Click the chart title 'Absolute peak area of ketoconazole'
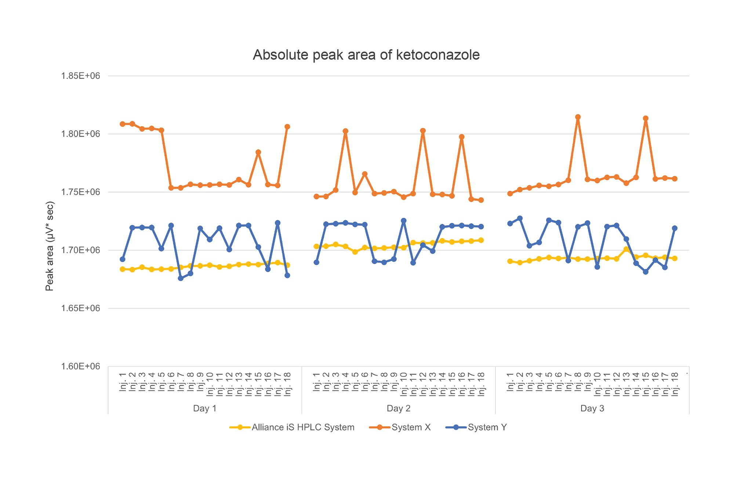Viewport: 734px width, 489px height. [366, 55]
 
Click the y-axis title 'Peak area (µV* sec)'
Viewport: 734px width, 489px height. [50, 246]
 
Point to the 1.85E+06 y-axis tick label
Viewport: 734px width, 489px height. [80, 76]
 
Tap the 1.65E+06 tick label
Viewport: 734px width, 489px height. [80, 308]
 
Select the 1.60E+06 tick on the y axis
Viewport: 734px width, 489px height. [80, 366]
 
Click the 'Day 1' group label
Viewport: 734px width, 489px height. [205, 408]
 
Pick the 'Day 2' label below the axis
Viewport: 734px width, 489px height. [399, 408]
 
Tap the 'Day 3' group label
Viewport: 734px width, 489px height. [592, 408]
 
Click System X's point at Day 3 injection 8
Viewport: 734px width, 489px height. [578, 117]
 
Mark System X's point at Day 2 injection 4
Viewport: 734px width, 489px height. [345, 131]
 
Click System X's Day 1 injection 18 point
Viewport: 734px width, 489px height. [287, 127]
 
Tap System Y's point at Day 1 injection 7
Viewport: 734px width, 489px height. [181, 278]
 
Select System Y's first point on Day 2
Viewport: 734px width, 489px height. [316, 262]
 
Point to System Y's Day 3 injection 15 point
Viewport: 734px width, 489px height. [646, 272]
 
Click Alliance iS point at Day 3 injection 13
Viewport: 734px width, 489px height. [626, 249]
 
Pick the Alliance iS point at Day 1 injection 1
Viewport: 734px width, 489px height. [123, 269]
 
